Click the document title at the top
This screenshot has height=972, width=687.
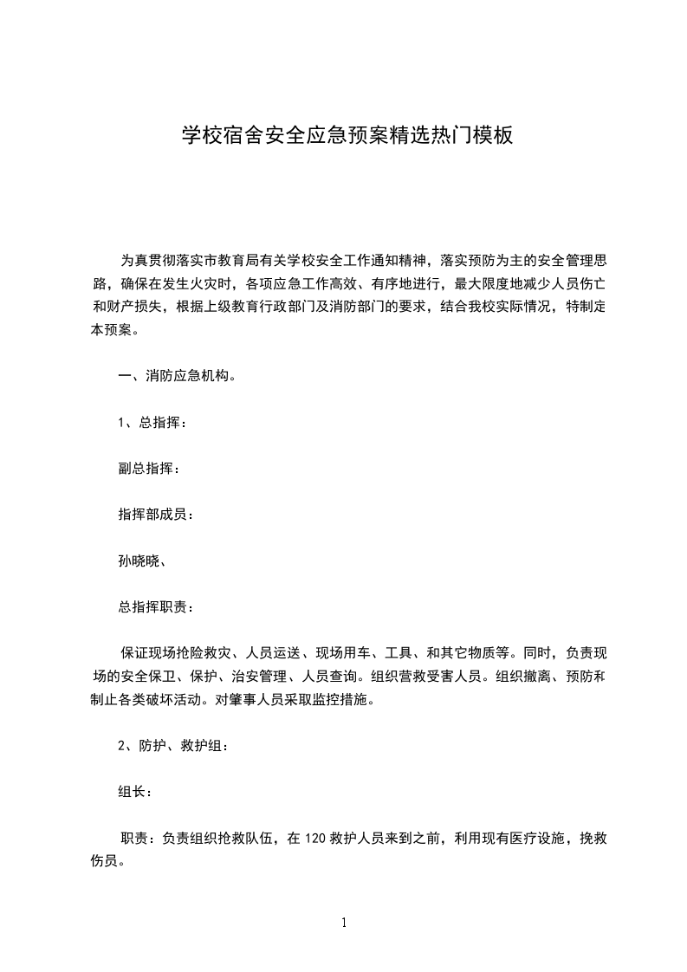(347, 135)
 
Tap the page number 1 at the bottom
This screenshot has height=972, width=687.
(344, 923)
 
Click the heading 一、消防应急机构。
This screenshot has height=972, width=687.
(176, 377)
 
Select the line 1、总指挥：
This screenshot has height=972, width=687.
(152, 423)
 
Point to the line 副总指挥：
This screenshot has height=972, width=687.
(149, 469)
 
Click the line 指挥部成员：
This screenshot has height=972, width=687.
(156, 515)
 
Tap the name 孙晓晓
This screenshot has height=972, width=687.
(138, 561)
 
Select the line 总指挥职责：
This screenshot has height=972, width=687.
(156, 606)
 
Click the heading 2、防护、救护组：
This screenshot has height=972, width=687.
(173, 746)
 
